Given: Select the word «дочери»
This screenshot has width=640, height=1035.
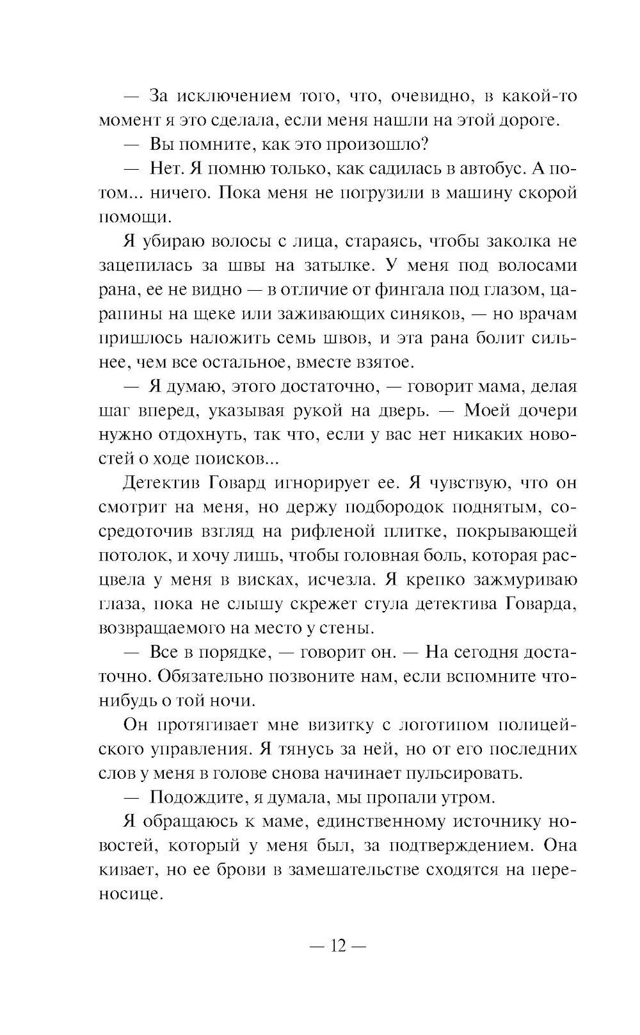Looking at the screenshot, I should [x=540, y=411].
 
